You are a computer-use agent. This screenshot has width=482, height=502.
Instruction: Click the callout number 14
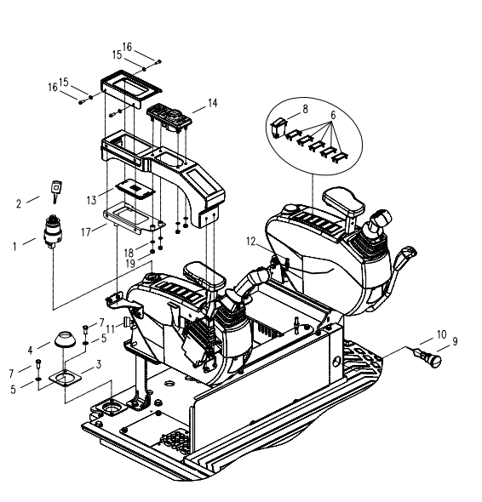213,103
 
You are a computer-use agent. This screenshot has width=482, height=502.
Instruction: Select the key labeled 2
56,191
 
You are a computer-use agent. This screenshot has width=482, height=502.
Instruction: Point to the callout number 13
91,201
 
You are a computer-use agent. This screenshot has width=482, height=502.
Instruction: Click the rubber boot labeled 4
65,340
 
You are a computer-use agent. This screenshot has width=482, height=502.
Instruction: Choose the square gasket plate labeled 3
65,378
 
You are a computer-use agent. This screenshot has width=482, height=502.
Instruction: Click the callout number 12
251,242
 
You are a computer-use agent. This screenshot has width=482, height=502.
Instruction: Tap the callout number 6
333,115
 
